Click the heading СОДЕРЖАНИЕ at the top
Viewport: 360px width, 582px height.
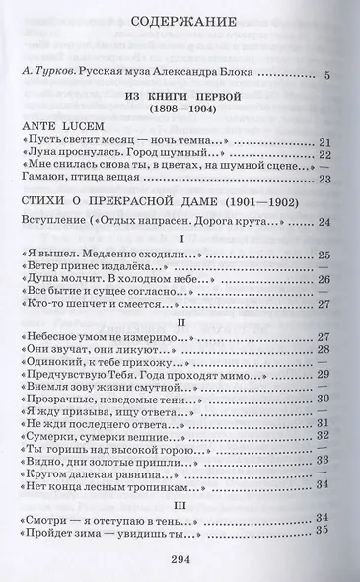180,19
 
